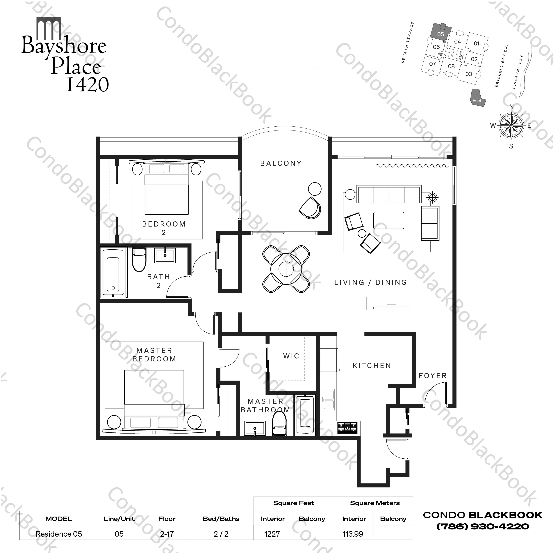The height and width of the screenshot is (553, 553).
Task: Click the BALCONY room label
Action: (281, 163)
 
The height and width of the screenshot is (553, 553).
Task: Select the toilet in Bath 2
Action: (139, 259)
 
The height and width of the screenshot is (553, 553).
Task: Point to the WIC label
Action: (291, 356)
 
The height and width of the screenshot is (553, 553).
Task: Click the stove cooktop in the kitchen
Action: (347, 428)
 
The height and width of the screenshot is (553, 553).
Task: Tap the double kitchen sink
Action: (328, 400)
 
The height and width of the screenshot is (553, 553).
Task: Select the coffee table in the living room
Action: (389, 220)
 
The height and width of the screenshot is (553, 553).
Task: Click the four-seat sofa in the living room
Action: (389, 194)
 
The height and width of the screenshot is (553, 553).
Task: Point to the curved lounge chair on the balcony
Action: (310, 208)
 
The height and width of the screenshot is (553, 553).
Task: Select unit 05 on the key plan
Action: (440, 34)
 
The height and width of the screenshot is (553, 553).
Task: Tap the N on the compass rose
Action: (511, 107)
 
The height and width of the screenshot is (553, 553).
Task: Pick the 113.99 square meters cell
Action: (353, 534)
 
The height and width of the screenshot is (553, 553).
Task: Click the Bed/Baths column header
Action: (221, 519)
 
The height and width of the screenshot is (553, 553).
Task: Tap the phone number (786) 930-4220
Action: (483, 526)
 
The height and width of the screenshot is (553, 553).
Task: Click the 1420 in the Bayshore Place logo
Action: (87, 84)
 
